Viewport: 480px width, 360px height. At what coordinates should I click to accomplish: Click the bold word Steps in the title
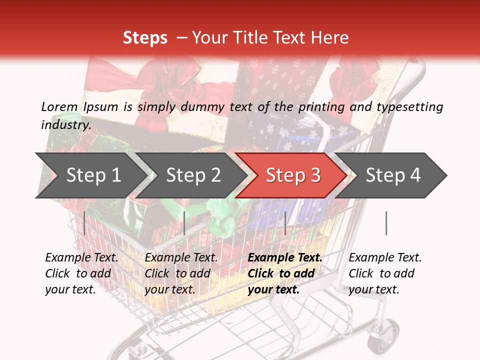(x=145, y=37)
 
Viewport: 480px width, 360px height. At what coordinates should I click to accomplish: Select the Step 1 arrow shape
(x=90, y=175)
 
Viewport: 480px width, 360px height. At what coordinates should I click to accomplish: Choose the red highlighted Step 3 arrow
(x=292, y=175)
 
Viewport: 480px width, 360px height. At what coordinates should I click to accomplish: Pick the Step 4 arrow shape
(x=392, y=175)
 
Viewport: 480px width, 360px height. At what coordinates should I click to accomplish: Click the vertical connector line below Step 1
(x=84, y=223)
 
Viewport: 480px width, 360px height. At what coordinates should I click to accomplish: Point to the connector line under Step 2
(x=184, y=223)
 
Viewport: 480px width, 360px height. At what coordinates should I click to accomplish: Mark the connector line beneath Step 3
(x=285, y=223)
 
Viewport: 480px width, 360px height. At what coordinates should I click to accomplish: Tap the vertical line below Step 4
(x=386, y=223)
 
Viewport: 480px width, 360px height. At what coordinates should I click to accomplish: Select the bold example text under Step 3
(x=285, y=273)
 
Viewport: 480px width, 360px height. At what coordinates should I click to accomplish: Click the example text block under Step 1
(x=81, y=273)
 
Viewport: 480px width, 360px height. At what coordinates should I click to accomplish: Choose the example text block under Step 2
(x=181, y=273)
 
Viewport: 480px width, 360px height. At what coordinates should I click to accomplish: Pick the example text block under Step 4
(x=385, y=273)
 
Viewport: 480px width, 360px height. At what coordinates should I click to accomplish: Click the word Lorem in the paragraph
(x=59, y=106)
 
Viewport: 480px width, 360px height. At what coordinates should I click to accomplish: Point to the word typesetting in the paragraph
(x=410, y=106)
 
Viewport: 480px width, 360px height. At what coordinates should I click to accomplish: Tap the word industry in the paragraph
(x=65, y=124)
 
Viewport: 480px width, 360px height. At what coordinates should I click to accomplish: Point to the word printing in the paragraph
(x=320, y=106)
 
